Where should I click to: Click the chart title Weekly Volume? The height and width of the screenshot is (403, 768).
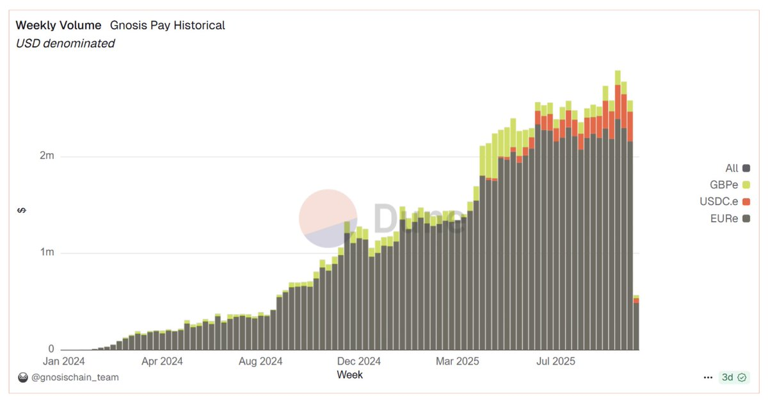[58, 26]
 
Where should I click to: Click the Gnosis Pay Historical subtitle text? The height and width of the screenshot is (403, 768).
[167, 26]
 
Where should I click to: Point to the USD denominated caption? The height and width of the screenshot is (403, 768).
[65, 44]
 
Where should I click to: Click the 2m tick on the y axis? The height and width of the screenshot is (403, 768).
[45, 156]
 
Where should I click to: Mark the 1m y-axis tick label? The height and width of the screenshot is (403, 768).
[45, 253]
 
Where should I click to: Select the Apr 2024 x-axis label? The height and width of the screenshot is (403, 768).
[162, 362]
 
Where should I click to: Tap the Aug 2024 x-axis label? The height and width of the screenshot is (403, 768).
[260, 362]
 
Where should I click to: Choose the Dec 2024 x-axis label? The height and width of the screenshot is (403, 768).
[359, 362]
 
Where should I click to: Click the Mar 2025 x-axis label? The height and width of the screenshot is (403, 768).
[458, 362]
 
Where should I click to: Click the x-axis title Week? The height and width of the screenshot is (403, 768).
[349, 374]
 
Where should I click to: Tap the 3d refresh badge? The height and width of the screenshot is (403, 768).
[733, 377]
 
